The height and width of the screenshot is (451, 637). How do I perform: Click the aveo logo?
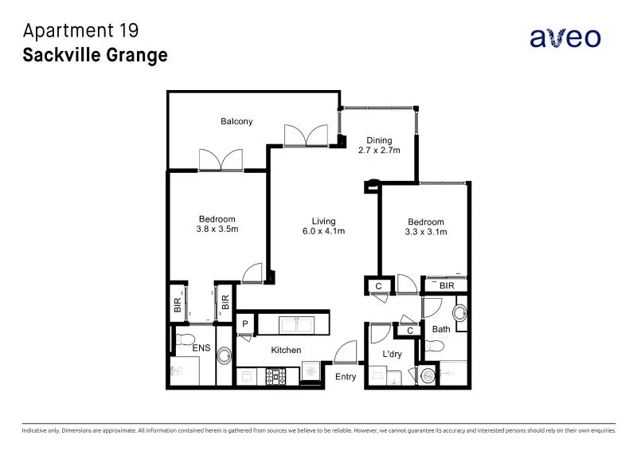(565, 37)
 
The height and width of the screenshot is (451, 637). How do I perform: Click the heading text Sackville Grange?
(95, 55)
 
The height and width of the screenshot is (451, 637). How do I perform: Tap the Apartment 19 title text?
(81, 31)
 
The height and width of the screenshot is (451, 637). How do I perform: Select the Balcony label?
(236, 122)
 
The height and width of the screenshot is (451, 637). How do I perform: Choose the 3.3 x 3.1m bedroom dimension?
(426, 232)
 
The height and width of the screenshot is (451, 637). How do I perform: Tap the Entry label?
(345, 377)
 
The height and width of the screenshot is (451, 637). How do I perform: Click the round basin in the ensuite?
(223, 355)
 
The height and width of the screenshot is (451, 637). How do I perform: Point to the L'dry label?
(391, 354)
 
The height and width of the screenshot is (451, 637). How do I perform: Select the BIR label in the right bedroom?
(447, 284)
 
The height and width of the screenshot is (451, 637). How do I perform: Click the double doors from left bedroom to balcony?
(221, 160)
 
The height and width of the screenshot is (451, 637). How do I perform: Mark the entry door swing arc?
(347, 351)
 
